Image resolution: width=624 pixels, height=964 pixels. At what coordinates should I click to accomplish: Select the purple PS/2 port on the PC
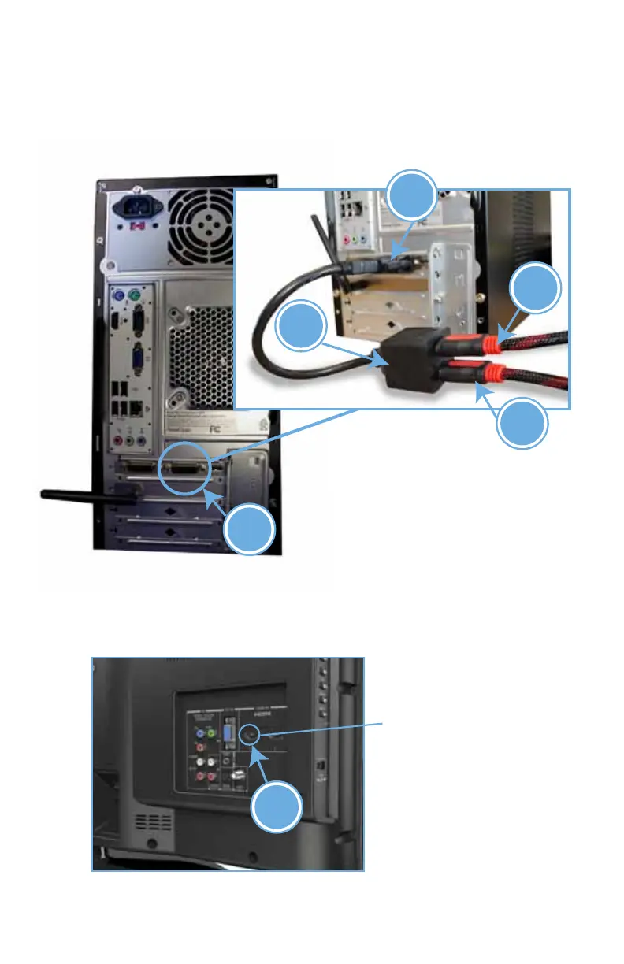pos(117,297)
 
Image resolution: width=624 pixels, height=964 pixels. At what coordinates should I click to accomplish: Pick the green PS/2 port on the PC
pos(135,297)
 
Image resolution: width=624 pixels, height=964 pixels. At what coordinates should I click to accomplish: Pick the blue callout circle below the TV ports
pos(277,806)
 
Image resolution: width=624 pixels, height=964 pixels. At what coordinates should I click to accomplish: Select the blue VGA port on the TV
pos(226,736)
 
